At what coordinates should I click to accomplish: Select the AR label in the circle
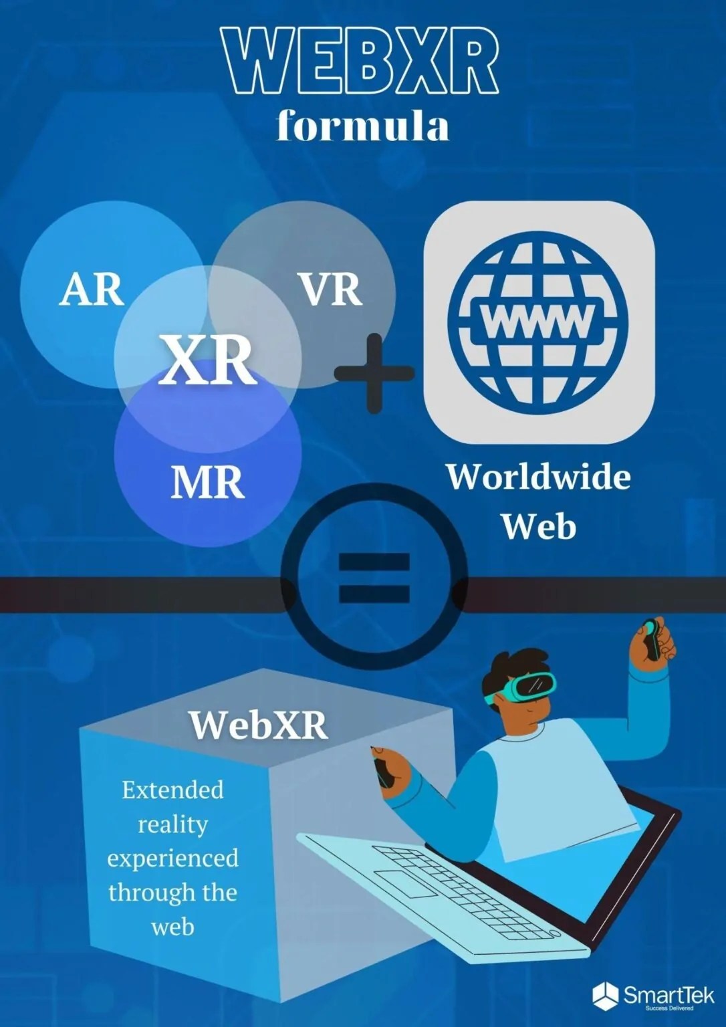tap(92, 290)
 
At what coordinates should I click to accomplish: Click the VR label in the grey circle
tap(330, 290)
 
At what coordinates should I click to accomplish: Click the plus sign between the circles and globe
tap(373, 372)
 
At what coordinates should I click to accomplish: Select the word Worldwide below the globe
tap(539, 477)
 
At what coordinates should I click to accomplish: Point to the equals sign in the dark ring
tap(374, 576)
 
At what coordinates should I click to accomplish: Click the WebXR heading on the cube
tap(258, 724)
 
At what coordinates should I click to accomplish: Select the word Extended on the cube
tap(172, 790)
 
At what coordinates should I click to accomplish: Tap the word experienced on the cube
tap(172, 858)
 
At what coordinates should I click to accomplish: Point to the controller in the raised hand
tap(651, 639)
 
